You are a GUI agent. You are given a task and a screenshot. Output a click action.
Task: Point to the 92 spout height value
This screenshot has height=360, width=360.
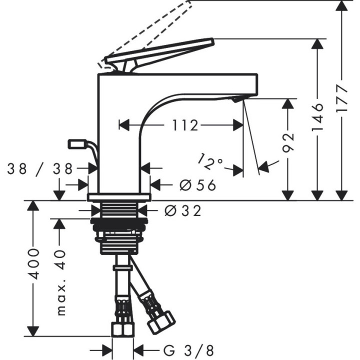[288, 142]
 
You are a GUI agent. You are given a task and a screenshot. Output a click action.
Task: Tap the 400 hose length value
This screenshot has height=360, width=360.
[33, 263]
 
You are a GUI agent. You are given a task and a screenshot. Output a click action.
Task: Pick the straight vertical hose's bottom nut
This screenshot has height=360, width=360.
[121, 328]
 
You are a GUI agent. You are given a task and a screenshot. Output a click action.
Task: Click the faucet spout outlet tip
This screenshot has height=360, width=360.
[235, 100]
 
